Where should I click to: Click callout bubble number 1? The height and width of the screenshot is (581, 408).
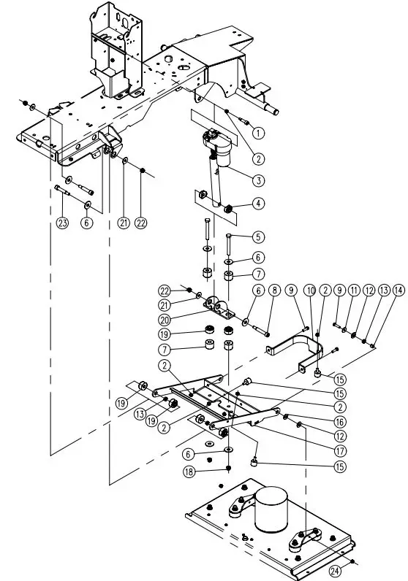pos(257,133)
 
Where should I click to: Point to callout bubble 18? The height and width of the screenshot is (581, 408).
pos(229,472)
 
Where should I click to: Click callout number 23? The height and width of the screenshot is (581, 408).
pos(61,223)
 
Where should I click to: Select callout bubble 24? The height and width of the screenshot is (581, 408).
pos(335,570)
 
